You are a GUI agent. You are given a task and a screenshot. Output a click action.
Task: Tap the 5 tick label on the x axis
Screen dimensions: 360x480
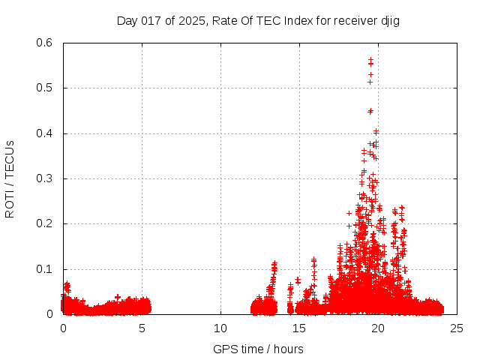click(142, 328)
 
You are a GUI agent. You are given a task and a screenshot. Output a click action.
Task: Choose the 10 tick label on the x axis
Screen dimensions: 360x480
click(220, 328)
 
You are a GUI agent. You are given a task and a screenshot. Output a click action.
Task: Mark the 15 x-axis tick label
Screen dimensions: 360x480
click(299, 328)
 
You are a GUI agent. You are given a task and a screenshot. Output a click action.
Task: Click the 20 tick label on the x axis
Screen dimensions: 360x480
click(378, 328)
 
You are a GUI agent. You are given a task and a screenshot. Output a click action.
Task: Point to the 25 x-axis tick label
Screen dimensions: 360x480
click(457, 328)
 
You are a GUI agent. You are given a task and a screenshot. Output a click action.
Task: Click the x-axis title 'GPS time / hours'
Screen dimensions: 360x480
click(258, 349)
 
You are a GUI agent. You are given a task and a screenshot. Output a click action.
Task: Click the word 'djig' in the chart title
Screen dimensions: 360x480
click(389, 20)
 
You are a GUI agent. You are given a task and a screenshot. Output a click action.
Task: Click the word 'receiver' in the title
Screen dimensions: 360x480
click(355, 20)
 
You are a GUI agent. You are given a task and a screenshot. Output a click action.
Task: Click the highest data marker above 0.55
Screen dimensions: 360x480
click(370, 58)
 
